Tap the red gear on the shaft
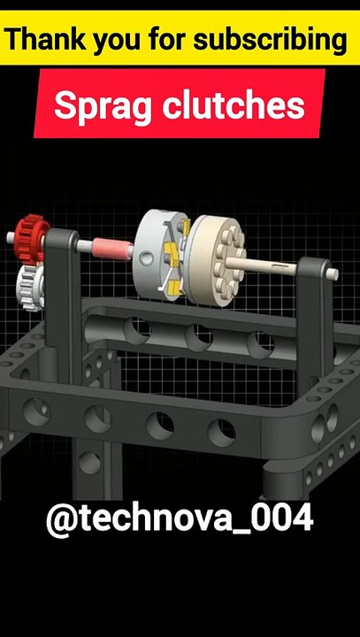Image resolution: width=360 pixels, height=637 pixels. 32,235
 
